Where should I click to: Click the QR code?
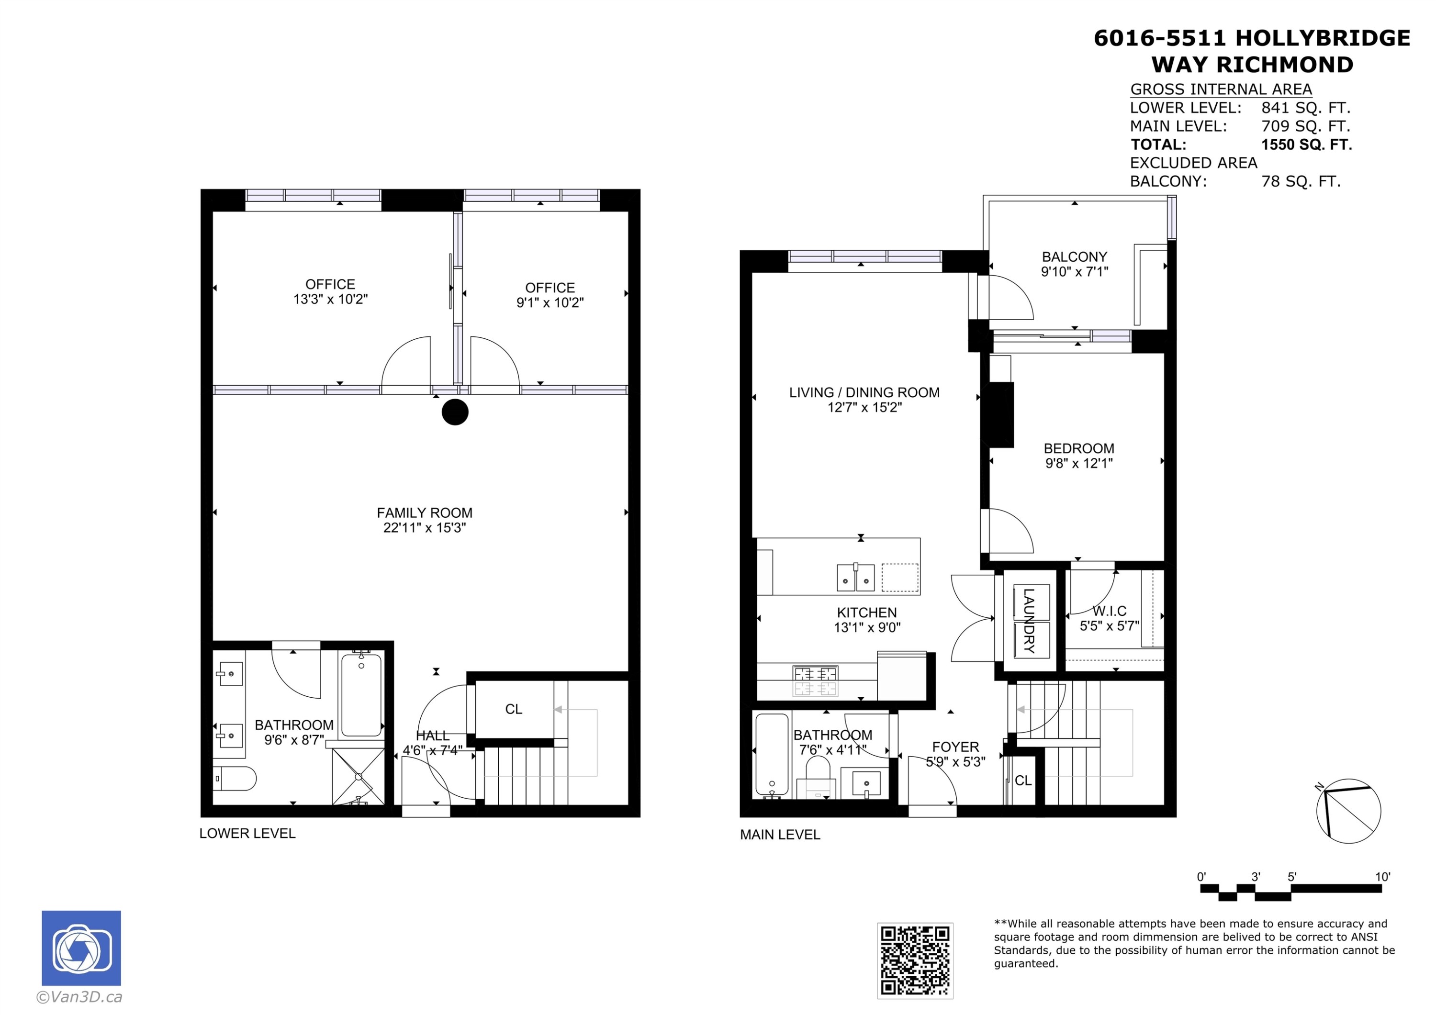pos(915,960)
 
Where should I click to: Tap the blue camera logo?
pos(81,948)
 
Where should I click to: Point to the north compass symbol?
pos(1348,811)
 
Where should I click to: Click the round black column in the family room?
pos(455,412)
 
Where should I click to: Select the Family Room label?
pos(425,513)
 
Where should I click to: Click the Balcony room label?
pos(1075,257)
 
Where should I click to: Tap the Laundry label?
pos(1028,620)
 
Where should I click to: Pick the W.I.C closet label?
pos(1110,611)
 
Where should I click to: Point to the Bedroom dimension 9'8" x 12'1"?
pos(1079,463)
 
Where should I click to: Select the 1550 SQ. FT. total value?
pos(1307,145)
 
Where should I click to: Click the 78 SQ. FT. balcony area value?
pos(1301,181)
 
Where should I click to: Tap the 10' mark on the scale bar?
pos(1382,877)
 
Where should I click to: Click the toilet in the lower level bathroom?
pos(235,779)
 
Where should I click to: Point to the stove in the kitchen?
pos(816,681)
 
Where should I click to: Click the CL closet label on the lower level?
pos(514,709)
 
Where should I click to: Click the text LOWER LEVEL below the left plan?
pos(247,833)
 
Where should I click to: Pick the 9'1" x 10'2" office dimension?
pos(550,303)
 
